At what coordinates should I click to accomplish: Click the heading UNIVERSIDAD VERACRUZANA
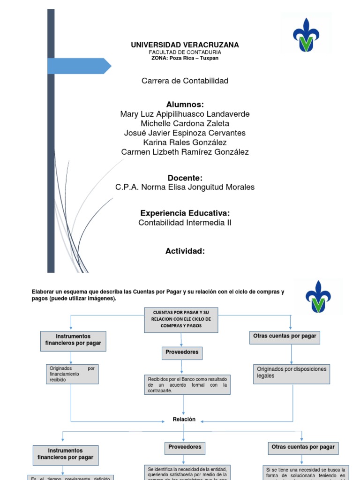tap(185, 45)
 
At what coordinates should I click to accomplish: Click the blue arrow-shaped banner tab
tap(79, 66)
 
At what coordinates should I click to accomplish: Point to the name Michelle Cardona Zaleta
tap(185, 123)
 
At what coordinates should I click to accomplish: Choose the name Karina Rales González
tap(185, 142)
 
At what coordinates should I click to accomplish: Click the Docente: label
tap(185, 178)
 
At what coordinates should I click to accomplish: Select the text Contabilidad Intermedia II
tap(185, 223)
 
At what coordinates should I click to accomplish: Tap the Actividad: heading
tap(185, 251)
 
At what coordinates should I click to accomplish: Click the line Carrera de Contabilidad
tap(185, 81)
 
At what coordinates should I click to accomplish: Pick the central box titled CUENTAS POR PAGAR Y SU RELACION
tap(181, 319)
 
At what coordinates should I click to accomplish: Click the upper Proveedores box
tap(181, 352)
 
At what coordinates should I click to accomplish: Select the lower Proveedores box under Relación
tap(185, 447)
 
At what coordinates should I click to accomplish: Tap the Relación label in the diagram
tap(184, 420)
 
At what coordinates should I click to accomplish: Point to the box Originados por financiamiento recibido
tap(72, 374)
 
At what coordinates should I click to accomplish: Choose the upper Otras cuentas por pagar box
tap(285, 336)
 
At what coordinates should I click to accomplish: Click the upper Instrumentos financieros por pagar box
tap(73, 340)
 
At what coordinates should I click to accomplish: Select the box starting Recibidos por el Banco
tap(187, 385)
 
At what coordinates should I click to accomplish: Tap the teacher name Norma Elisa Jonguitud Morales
tap(185, 187)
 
